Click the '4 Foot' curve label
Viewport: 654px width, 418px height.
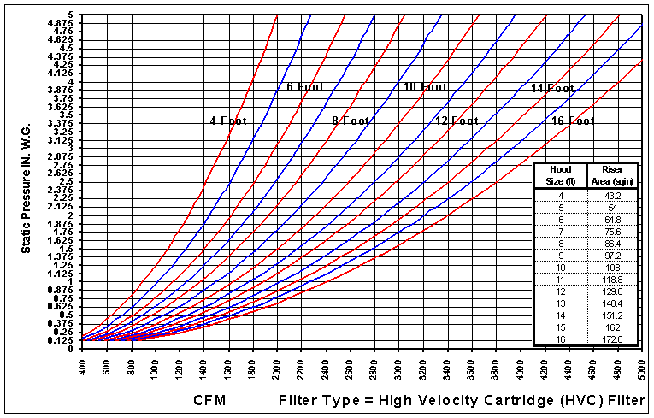pos(228,121)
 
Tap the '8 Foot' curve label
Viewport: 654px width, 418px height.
pos(351,121)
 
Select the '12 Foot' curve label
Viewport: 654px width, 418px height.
pos(457,121)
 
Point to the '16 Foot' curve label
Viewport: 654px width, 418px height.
pos(573,121)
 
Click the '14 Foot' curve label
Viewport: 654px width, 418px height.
pos(552,88)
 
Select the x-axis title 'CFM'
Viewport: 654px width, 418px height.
pos(209,400)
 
